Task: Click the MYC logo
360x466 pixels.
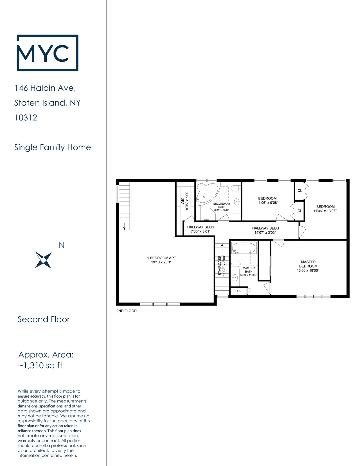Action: pyautogui.click(x=47, y=53)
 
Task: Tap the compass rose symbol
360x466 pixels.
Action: pyautogui.click(x=44, y=260)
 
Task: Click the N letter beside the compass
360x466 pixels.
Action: pyautogui.click(x=62, y=245)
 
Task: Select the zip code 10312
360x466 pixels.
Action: pyautogui.click(x=26, y=118)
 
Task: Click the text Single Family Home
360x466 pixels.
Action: pyautogui.click(x=53, y=147)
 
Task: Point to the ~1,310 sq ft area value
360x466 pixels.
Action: pyautogui.click(x=40, y=366)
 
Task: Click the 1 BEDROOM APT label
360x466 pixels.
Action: pyautogui.click(x=161, y=258)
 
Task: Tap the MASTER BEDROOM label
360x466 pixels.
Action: pyautogui.click(x=308, y=264)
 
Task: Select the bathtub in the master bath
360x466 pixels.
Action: pyautogui.click(x=244, y=248)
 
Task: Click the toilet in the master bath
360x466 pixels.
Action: pyautogui.click(x=235, y=264)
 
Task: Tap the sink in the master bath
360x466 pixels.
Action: pyautogui.click(x=235, y=278)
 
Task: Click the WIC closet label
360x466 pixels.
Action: pyautogui.click(x=183, y=201)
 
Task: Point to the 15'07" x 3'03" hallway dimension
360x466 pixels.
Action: pyautogui.click(x=265, y=232)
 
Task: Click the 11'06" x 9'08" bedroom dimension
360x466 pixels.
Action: pyautogui.click(x=267, y=203)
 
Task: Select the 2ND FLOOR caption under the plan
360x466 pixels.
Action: pyautogui.click(x=127, y=311)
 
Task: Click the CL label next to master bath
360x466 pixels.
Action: pyautogui.click(x=239, y=291)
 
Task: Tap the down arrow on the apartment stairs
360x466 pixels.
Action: pyautogui.click(x=124, y=226)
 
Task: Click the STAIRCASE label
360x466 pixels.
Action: pyautogui.click(x=220, y=265)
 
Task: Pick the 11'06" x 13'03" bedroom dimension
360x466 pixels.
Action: pyautogui.click(x=325, y=211)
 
